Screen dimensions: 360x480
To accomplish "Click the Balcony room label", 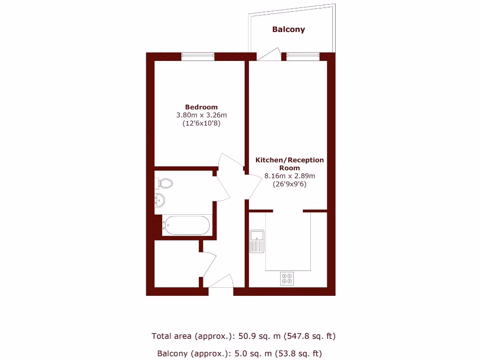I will [x=289, y=30].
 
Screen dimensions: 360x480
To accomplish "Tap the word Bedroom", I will [x=201, y=107].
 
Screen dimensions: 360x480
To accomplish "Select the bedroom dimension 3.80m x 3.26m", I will [x=201, y=115].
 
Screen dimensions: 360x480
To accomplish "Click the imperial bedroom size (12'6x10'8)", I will [x=201, y=124].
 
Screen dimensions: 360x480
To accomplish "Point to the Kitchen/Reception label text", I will [x=289, y=164].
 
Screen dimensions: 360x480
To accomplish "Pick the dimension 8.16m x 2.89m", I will [x=289, y=176].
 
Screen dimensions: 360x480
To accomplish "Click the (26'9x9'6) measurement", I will [x=289, y=184].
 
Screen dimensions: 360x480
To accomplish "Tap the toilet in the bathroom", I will [x=165, y=182].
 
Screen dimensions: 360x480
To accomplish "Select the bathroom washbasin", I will [x=160, y=200].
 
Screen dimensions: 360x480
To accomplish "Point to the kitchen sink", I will [x=257, y=241].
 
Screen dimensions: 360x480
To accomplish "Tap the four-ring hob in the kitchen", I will [x=287, y=278].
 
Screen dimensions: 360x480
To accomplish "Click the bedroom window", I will [x=198, y=56].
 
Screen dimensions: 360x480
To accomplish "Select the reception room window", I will [x=303, y=56].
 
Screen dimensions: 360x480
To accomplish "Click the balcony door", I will [x=269, y=54].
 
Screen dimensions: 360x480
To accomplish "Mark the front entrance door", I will [x=221, y=283].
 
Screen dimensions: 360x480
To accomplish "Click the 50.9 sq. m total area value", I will [x=254, y=336].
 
